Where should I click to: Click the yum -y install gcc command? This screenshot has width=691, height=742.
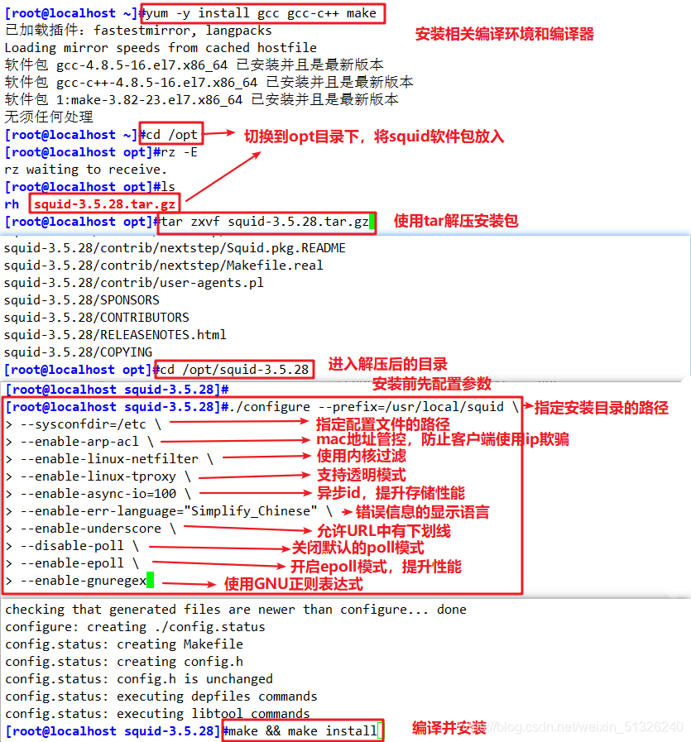[x=262, y=13]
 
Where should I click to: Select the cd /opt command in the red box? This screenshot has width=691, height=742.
[x=172, y=135]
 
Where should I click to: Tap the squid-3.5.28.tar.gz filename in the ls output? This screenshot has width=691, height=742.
[x=105, y=204]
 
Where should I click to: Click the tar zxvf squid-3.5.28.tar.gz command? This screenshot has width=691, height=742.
[x=265, y=222]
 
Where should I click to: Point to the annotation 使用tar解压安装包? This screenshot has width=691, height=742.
[x=456, y=221]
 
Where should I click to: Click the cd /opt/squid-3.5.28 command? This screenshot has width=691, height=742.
[x=234, y=370]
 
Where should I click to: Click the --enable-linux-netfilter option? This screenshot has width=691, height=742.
[x=109, y=459]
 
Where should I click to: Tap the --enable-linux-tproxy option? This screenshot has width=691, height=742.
[x=102, y=476]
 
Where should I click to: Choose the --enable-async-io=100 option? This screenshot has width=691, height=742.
[x=98, y=494]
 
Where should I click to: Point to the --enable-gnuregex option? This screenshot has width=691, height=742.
[x=83, y=581]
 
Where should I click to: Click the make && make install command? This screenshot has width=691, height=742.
[x=301, y=731]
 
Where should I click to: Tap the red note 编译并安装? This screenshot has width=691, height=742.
[x=449, y=727]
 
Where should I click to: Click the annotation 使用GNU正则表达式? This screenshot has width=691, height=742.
[x=293, y=584]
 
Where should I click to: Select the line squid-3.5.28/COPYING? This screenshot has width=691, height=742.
[x=78, y=352]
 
